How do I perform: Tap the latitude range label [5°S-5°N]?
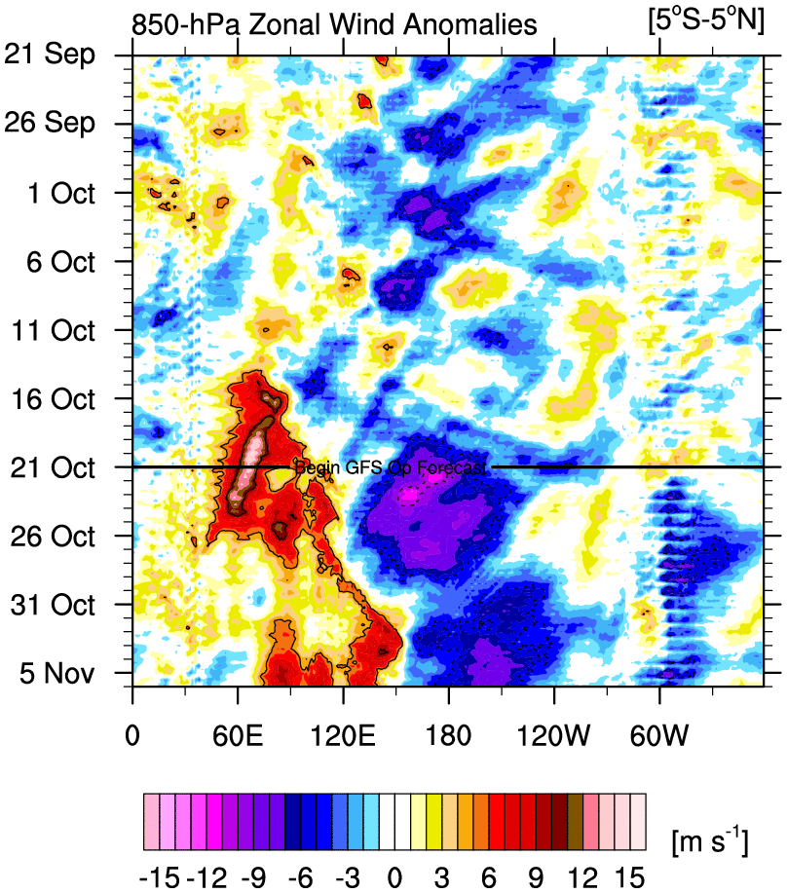[705, 21]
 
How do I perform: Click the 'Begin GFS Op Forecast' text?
[390, 468]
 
